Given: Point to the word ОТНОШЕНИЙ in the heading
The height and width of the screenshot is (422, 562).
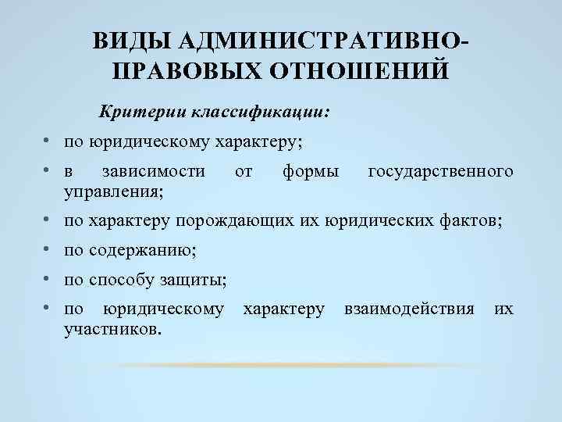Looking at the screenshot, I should (359, 72).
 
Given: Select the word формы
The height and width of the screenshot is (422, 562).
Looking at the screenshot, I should (311, 170).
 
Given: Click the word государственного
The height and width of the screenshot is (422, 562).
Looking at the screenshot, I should (440, 170).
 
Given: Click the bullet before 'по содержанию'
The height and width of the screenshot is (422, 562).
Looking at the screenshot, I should (48, 250).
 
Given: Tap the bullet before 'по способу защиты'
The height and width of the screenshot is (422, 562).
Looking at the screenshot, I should (48, 279).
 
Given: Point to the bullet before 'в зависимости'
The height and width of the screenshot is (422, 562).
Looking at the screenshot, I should (48, 170).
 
